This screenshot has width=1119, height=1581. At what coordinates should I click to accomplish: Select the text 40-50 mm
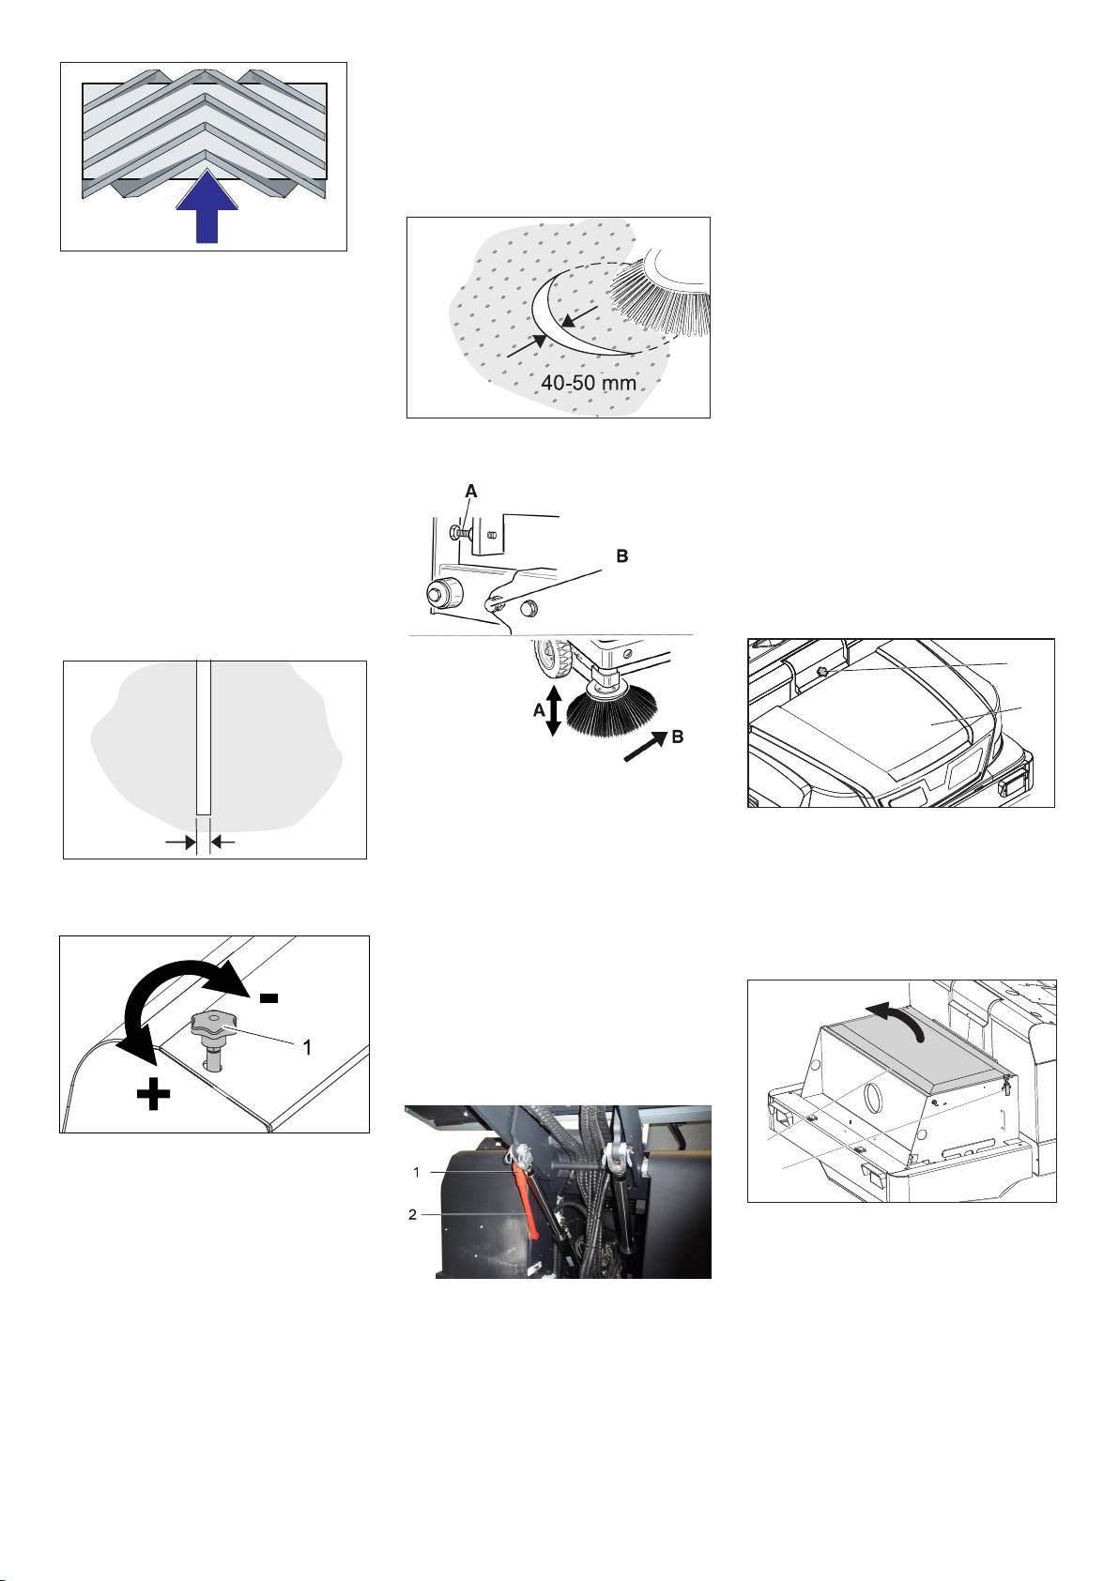[588, 383]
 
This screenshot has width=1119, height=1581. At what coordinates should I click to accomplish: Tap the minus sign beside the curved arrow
[268, 997]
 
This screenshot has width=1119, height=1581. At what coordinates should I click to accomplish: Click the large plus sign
[154, 1095]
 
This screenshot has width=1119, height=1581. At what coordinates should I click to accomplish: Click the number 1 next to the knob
[307, 1048]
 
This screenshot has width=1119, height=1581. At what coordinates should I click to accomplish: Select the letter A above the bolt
[471, 491]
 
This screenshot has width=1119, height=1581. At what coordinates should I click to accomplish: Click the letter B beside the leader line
[622, 556]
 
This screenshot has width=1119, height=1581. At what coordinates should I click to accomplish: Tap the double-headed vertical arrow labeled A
[554, 710]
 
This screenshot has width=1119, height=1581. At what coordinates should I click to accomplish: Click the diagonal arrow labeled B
[645, 747]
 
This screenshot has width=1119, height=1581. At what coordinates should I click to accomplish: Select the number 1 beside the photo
[417, 1172]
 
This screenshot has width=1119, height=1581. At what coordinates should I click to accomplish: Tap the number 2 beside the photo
[413, 1215]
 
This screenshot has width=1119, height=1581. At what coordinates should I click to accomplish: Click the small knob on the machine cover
[822, 673]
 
